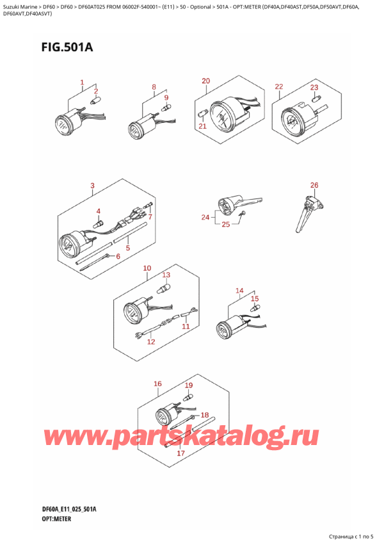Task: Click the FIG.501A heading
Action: pos(67,47)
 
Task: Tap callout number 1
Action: pos(82,83)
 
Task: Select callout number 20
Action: pos(205,81)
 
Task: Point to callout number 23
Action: pos(314,88)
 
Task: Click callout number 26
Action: pos(314,185)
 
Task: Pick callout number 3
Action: pos(92,186)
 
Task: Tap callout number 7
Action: pos(150,217)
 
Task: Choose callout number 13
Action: pos(166,275)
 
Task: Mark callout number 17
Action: pos(180,453)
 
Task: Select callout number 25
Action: pos(226,224)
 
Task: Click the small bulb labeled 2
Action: pos(93,101)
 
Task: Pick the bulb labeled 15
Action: pos(255,307)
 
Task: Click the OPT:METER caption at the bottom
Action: pos(56,519)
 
